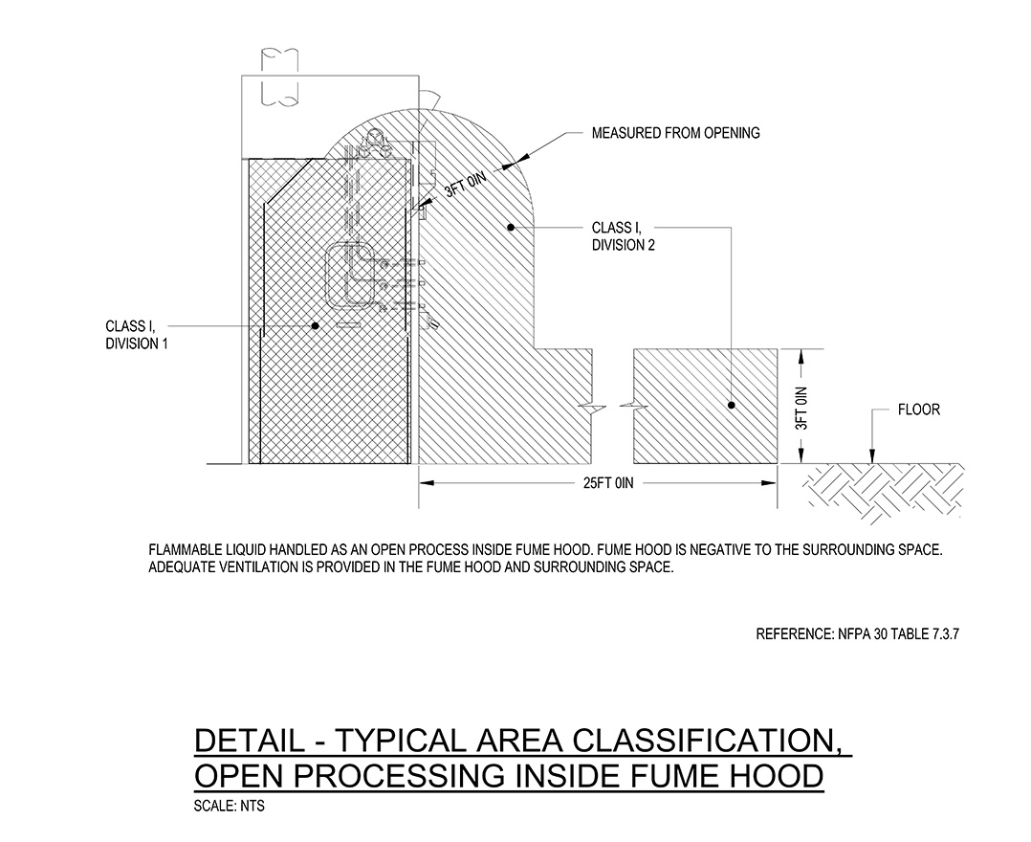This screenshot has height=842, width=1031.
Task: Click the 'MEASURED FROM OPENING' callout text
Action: [675, 133]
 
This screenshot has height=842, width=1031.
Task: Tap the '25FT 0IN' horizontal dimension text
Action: [608, 483]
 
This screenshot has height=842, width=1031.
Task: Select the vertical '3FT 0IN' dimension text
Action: [801, 408]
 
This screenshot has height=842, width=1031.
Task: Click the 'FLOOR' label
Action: [918, 410]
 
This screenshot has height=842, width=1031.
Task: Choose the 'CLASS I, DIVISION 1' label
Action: [137, 335]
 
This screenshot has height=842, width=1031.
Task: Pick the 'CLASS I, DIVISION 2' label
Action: [624, 236]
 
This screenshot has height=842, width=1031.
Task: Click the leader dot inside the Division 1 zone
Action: [315, 325]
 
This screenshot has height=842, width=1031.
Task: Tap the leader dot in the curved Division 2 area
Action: [511, 228]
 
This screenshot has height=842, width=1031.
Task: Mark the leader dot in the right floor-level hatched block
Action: [731, 406]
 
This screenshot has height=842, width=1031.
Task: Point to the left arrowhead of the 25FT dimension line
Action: [427, 483]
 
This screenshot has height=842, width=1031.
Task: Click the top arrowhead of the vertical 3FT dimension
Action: [801, 357]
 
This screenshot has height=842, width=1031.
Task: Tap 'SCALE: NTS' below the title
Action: [230, 806]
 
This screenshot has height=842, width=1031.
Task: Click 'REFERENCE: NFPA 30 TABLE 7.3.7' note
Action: [857, 634]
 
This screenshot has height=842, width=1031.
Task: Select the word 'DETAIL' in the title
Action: [250, 741]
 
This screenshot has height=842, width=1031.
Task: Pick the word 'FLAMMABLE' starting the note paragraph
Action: [186, 550]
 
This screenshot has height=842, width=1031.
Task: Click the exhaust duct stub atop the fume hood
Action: [279, 78]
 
